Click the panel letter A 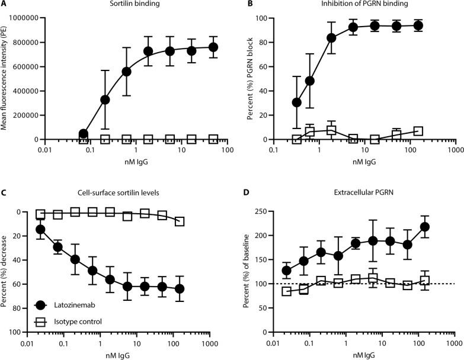click(4, 4)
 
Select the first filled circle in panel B click(297, 102)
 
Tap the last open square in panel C click(180, 221)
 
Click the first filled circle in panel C click(40, 229)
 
